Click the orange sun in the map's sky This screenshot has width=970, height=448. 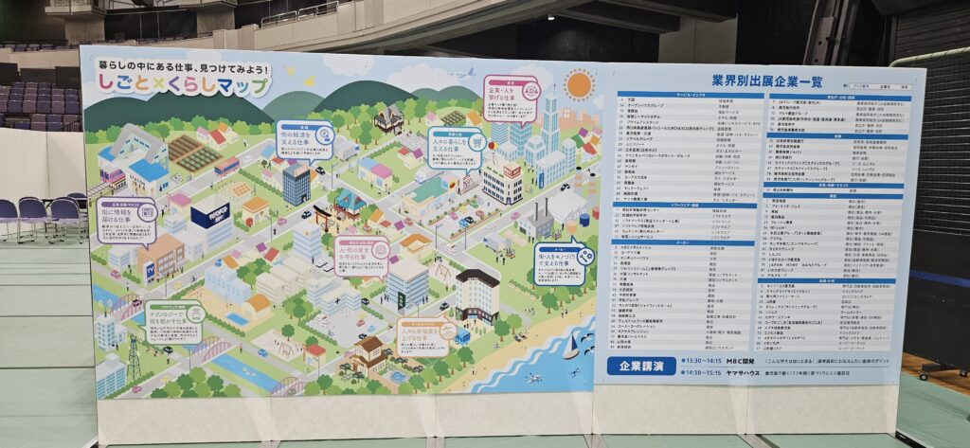tap(578, 84)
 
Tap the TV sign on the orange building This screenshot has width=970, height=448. tap(149, 268)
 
